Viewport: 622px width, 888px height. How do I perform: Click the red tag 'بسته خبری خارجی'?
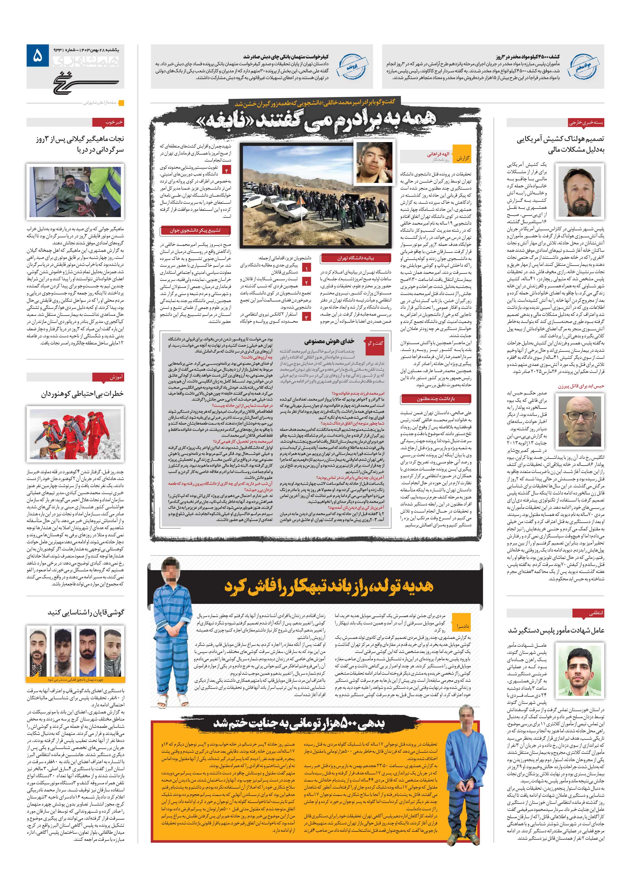[x=586, y=123]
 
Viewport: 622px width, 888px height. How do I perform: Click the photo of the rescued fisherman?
[x=75, y=192]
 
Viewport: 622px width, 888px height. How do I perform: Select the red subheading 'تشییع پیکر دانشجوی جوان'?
[x=195, y=231]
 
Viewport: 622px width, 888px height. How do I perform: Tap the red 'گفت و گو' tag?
[x=374, y=343]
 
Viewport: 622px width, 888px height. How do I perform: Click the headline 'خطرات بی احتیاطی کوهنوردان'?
[x=82, y=394]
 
